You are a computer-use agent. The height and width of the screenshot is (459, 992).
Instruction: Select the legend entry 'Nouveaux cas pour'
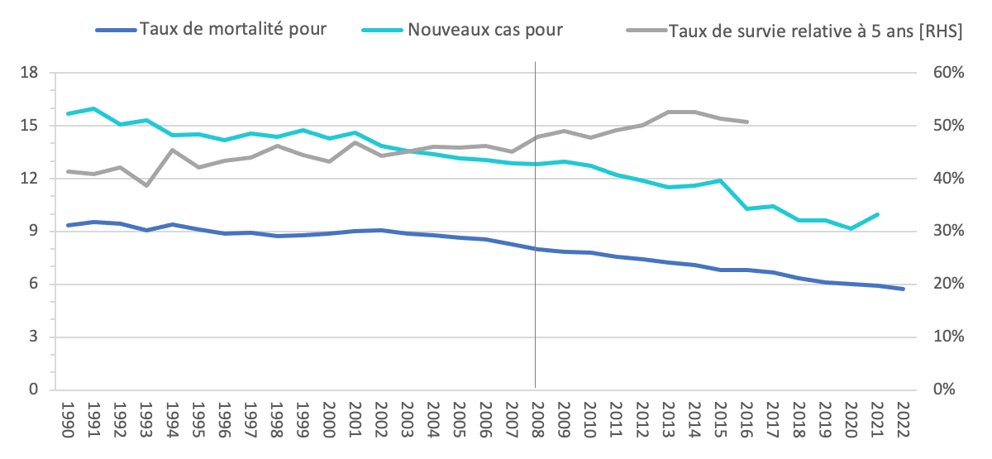(x=484, y=30)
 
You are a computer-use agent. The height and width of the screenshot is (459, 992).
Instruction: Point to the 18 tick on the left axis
(x=30, y=73)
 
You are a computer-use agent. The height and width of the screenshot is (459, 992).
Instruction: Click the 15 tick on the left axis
(x=30, y=126)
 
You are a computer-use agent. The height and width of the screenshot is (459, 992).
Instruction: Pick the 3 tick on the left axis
(x=34, y=337)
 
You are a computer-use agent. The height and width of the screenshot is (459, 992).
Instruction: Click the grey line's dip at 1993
(x=145, y=185)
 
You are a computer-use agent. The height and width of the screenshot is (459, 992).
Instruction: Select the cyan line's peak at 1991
(x=93, y=108)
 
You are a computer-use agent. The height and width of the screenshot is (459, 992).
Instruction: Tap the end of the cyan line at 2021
(x=877, y=214)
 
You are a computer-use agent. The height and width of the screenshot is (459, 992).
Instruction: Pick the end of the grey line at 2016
(x=746, y=122)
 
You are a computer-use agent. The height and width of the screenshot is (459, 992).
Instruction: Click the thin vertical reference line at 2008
(x=536, y=248)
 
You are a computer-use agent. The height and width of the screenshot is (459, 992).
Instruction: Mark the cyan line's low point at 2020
(x=851, y=228)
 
